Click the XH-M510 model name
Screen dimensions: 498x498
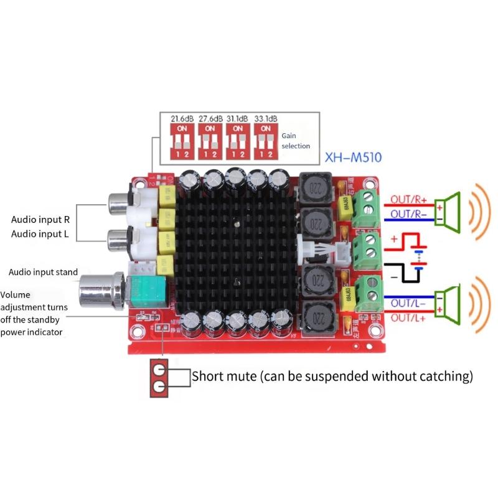coord(354,157)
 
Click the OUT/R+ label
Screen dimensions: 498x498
coord(408,200)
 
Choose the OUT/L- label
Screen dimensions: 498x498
coord(408,303)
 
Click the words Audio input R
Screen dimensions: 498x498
coord(40,220)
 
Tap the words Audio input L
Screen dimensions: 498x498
coord(40,234)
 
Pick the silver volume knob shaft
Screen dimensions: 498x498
coord(100,290)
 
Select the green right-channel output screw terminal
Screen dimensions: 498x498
coord(367,207)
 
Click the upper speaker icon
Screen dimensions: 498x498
coord(449,209)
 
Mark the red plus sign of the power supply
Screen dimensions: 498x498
coord(393,240)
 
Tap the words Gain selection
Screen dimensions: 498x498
coord(295,140)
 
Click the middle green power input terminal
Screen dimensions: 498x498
coord(367,247)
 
